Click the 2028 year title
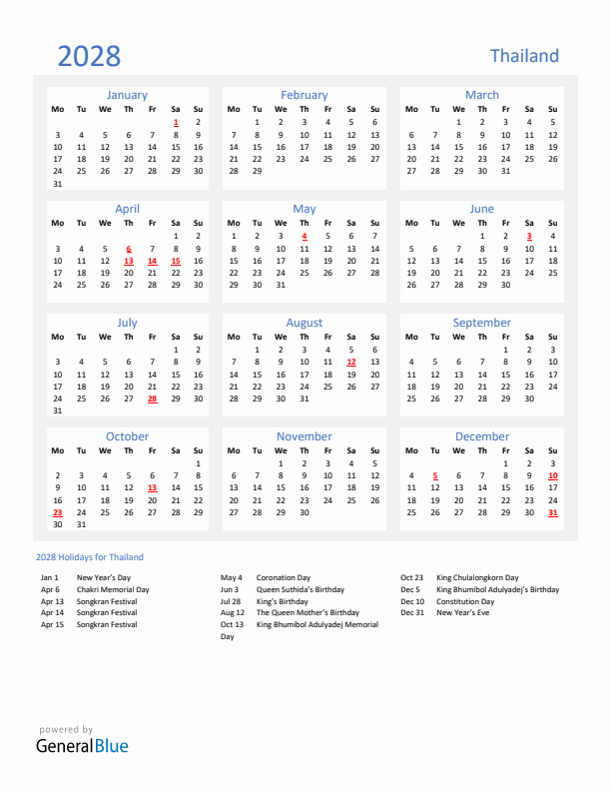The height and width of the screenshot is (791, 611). pos(89,56)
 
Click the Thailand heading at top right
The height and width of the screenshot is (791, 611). pos(524,56)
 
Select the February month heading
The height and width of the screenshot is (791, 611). pos(305,95)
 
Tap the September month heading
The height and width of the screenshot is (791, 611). pos(482,323)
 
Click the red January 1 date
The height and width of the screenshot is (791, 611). pos(176,122)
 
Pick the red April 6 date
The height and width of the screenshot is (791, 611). pos(129,249)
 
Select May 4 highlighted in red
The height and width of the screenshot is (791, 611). pos(305,236)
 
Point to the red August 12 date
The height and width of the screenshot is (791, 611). pos(351,363)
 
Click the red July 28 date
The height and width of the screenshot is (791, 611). pos(152,397)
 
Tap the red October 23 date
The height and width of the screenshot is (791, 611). pos(57,511)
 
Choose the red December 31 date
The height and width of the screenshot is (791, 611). pos(553,511)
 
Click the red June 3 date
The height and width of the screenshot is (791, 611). pos(529,236)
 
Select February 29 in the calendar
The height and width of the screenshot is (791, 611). pos(257,171)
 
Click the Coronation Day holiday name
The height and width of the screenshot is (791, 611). pos(284,577)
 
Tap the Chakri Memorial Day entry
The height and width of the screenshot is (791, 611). pos(113,589)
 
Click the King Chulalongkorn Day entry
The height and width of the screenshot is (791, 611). pos(477,577)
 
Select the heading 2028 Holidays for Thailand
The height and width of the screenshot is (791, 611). pos(89,557)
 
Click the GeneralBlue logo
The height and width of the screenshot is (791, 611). pos(82,745)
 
